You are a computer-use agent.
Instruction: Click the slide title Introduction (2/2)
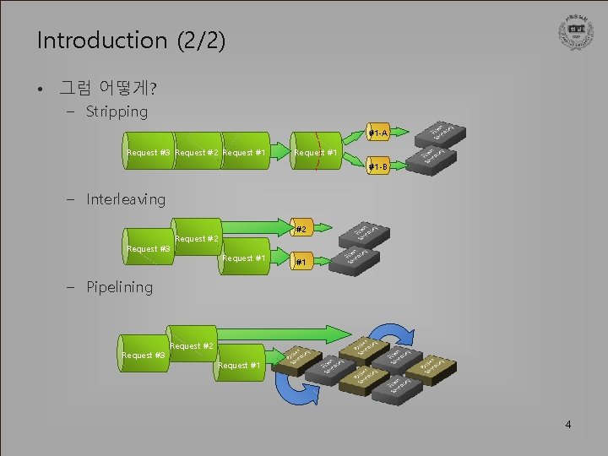(x=131, y=41)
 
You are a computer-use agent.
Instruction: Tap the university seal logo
(x=574, y=32)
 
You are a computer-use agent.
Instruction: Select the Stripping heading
(x=117, y=111)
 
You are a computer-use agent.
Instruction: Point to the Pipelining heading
(x=119, y=287)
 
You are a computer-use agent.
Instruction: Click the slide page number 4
(x=568, y=424)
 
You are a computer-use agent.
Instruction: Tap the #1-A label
(x=377, y=133)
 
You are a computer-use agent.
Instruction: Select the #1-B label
(x=377, y=167)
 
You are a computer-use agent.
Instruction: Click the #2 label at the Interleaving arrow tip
(x=300, y=228)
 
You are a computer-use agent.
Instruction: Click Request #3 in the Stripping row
(x=149, y=153)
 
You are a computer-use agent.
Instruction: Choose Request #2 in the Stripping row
(x=197, y=153)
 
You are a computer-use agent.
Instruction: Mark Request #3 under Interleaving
(x=148, y=248)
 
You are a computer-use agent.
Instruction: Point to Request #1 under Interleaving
(x=244, y=258)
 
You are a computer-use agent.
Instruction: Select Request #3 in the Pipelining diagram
(x=144, y=356)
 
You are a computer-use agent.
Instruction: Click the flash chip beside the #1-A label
(x=442, y=131)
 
